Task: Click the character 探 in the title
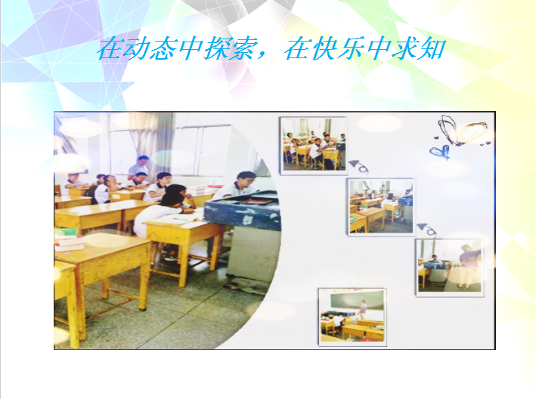pos(216,49)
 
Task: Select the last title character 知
pos(432,49)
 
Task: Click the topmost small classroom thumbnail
pos(314,146)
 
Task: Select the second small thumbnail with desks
pos(381,207)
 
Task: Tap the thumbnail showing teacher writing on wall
pos(450,268)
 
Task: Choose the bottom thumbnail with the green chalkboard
pos(352,317)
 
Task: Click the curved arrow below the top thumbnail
pos(358,166)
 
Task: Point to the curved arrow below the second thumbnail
pos(426,230)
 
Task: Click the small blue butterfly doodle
pos(440,152)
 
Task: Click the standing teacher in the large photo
pos(139,168)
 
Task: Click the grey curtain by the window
pos(163,144)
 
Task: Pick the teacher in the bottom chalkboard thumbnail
pos(363,309)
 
